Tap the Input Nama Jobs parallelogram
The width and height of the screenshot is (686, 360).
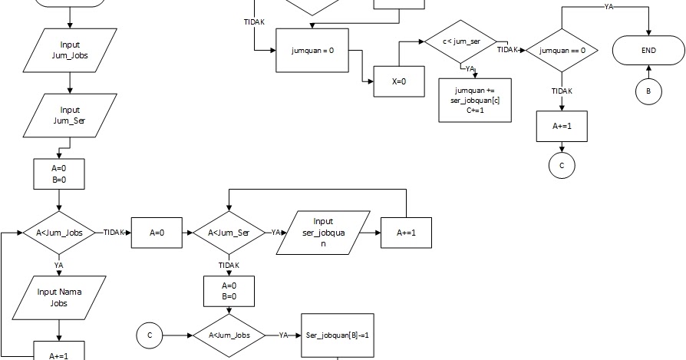(x=59, y=297)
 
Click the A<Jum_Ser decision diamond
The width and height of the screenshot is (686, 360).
(x=229, y=233)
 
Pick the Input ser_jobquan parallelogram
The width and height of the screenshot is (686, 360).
(x=323, y=233)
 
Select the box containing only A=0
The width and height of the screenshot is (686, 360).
(x=157, y=233)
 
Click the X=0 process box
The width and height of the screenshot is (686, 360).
(x=399, y=81)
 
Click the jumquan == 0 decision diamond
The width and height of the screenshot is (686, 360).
(x=562, y=51)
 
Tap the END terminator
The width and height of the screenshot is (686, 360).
(x=648, y=51)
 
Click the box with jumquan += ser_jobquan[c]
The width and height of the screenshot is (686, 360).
(x=473, y=100)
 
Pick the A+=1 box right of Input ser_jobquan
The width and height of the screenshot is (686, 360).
(x=407, y=233)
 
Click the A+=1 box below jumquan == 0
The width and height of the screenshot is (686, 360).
(x=562, y=126)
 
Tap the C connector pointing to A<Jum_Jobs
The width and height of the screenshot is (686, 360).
(x=150, y=335)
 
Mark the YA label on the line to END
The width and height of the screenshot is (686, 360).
(x=608, y=7)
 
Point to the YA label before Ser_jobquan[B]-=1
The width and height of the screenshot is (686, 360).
(x=283, y=335)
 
